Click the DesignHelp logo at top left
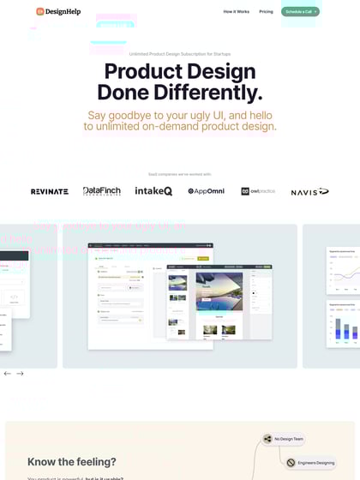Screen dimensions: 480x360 (x=58, y=11)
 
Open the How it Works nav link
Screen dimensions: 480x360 (x=236, y=12)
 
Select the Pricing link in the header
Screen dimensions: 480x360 (x=266, y=12)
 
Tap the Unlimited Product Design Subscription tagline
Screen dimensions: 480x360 (x=179, y=54)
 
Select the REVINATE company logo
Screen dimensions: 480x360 (x=50, y=191)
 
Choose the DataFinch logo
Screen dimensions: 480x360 (x=102, y=191)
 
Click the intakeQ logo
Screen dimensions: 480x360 (x=153, y=191)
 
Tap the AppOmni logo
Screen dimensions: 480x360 (x=206, y=191)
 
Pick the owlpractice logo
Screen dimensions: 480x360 (x=257, y=191)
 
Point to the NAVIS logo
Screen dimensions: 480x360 (x=309, y=191)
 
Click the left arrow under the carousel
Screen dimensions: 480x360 (x=8, y=374)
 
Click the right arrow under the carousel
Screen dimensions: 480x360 (x=20, y=374)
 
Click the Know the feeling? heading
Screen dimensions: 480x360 (x=72, y=462)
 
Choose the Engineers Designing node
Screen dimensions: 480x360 (x=310, y=463)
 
